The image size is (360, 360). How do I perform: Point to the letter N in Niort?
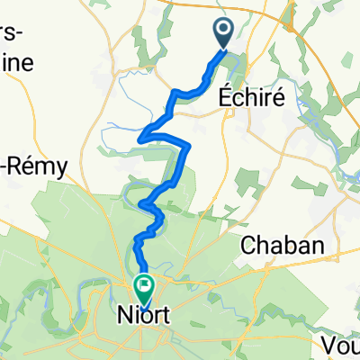point(124,318)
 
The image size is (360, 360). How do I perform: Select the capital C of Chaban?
point(248,244)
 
